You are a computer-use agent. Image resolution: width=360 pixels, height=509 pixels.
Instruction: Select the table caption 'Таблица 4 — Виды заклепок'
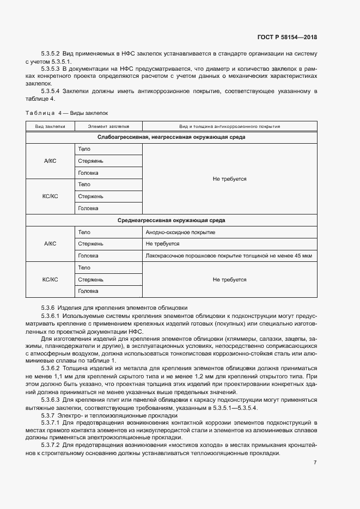(67, 113)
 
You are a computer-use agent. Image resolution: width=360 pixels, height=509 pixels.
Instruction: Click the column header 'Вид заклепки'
(50, 126)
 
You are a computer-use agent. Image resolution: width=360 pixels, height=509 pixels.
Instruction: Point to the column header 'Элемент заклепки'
(107, 126)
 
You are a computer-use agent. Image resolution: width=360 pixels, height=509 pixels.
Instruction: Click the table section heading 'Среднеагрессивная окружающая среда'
(172, 220)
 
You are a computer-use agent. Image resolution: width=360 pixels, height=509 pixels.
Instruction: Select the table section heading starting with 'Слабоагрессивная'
(172, 137)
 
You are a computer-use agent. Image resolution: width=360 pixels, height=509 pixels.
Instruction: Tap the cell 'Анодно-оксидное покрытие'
(180, 232)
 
